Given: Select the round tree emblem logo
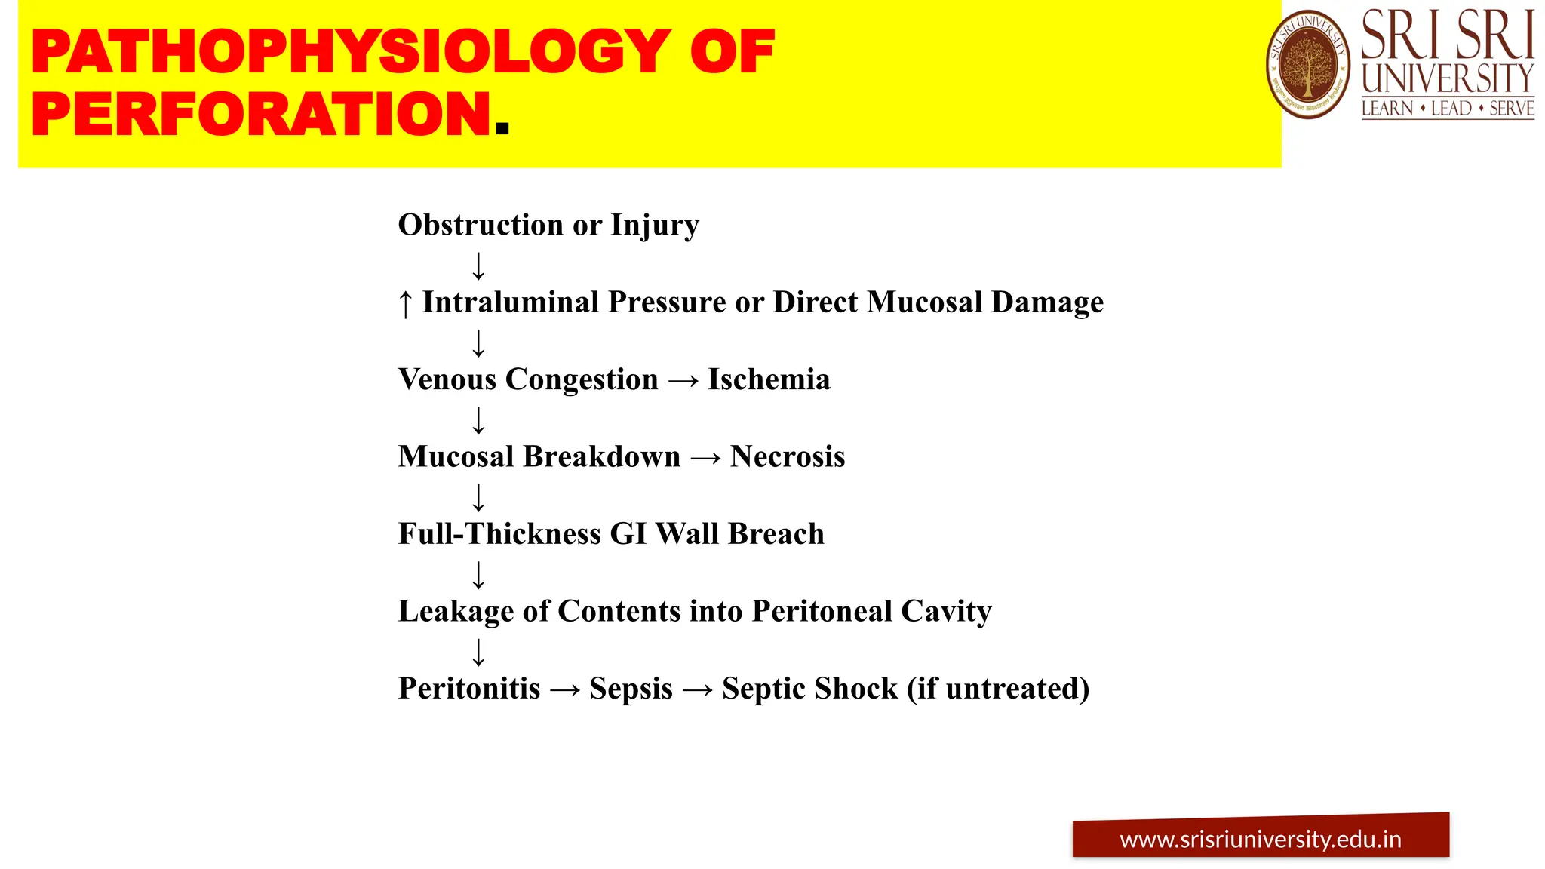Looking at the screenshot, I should pyautogui.click(x=1308, y=65).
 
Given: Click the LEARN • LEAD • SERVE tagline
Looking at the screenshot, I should pyautogui.click(x=1447, y=109).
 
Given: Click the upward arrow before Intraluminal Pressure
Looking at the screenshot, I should pyautogui.click(x=405, y=304).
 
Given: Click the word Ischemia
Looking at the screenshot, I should pyautogui.click(x=769, y=379).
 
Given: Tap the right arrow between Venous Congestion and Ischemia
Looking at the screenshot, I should pyautogui.click(x=683, y=381).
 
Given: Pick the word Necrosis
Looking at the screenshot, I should pyautogui.click(x=788, y=456).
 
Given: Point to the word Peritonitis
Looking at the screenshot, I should pyautogui.click(x=469, y=688).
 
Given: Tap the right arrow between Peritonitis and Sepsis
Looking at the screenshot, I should pyautogui.click(x=565, y=689).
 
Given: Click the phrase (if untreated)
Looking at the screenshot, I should pyautogui.click(x=998, y=688).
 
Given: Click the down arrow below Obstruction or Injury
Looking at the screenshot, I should pyautogui.click(x=478, y=266).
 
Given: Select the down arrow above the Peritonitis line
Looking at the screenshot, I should pyautogui.click(x=478, y=652).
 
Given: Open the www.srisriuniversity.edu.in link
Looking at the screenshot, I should pyautogui.click(x=1261, y=839).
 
